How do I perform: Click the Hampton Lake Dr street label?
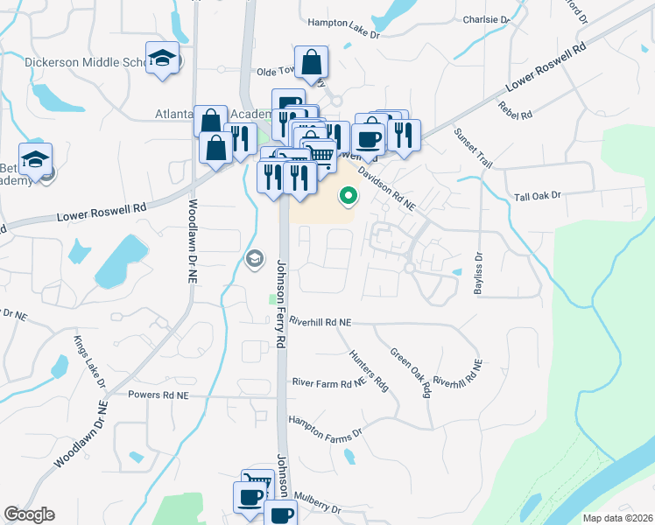pyautogui.click(x=343, y=35)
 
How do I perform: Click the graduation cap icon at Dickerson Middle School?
pyautogui.click(x=162, y=59)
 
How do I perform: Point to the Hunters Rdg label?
pyautogui.click(x=369, y=371)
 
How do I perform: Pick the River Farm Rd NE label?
pyautogui.click(x=328, y=383)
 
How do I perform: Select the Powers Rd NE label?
pyautogui.click(x=158, y=395)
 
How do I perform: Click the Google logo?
pyautogui.click(x=29, y=514)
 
